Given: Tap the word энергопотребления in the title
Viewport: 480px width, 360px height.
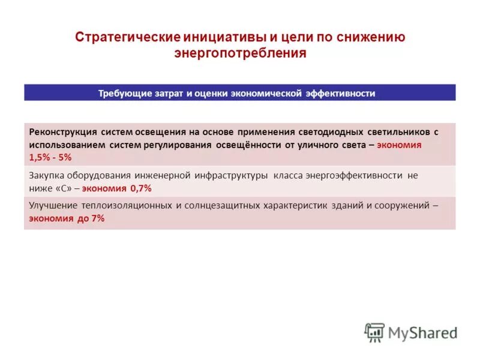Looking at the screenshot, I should point(240,53).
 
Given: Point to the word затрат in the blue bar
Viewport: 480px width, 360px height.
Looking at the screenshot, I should point(170,94).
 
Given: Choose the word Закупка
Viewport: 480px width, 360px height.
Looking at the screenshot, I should point(46,176).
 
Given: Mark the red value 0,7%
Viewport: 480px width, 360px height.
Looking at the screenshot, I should point(139,188).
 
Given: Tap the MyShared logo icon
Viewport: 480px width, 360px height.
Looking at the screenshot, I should point(374,332).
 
